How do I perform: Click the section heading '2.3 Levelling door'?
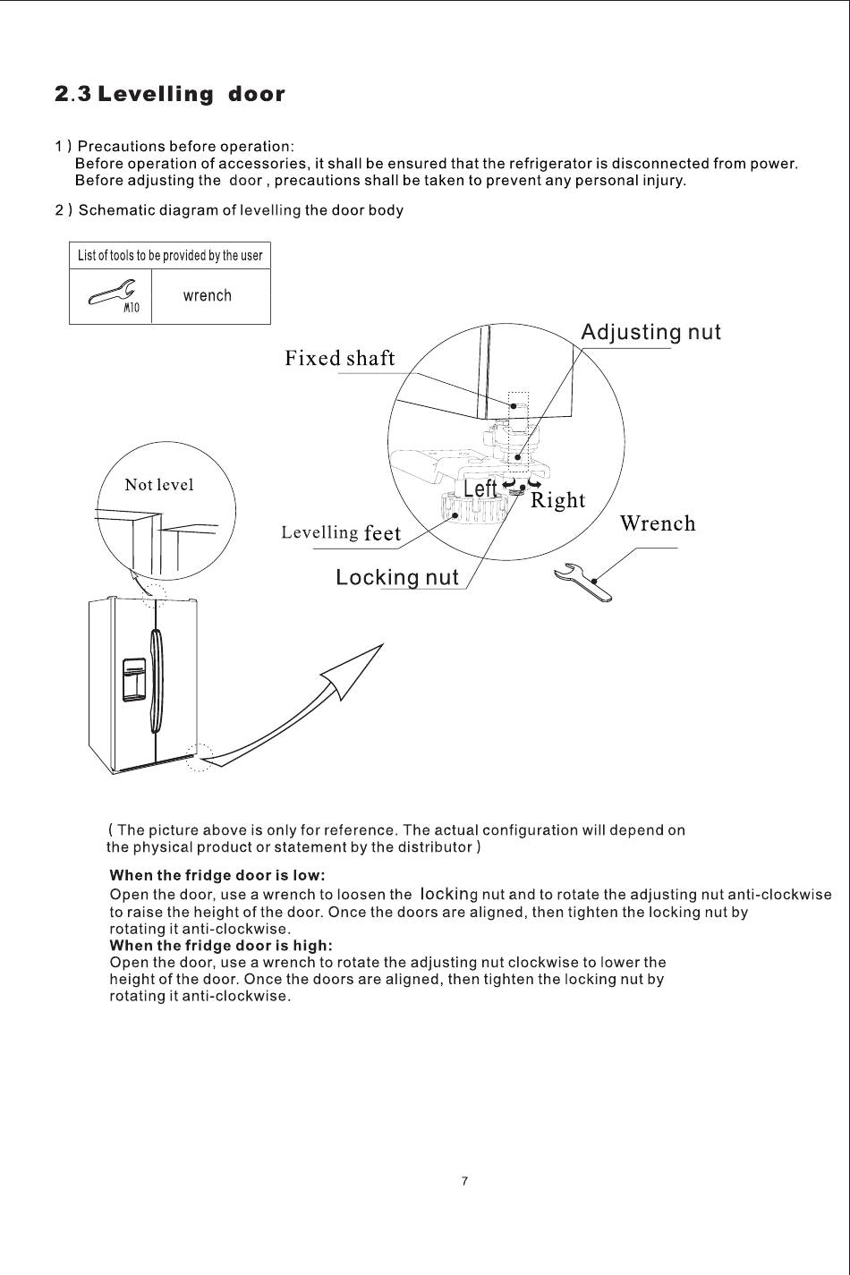click(x=170, y=94)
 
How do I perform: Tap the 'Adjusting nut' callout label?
click(x=650, y=332)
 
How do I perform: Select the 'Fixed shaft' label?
click(x=339, y=359)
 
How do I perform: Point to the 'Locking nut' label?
click(x=396, y=578)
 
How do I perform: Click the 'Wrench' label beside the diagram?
click(x=657, y=523)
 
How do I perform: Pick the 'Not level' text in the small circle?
click(x=158, y=485)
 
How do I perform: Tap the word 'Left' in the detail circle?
click(x=480, y=489)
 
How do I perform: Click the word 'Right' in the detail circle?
click(x=557, y=500)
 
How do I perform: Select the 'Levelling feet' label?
click(x=341, y=533)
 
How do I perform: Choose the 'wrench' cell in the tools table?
click(x=207, y=296)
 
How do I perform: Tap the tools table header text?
click(x=170, y=256)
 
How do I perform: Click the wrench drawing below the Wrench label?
click(x=583, y=582)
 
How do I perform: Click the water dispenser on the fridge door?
click(x=134, y=680)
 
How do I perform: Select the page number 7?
click(x=464, y=1181)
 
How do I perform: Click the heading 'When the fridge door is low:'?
click(x=217, y=874)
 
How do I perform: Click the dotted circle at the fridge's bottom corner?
click(x=200, y=757)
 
